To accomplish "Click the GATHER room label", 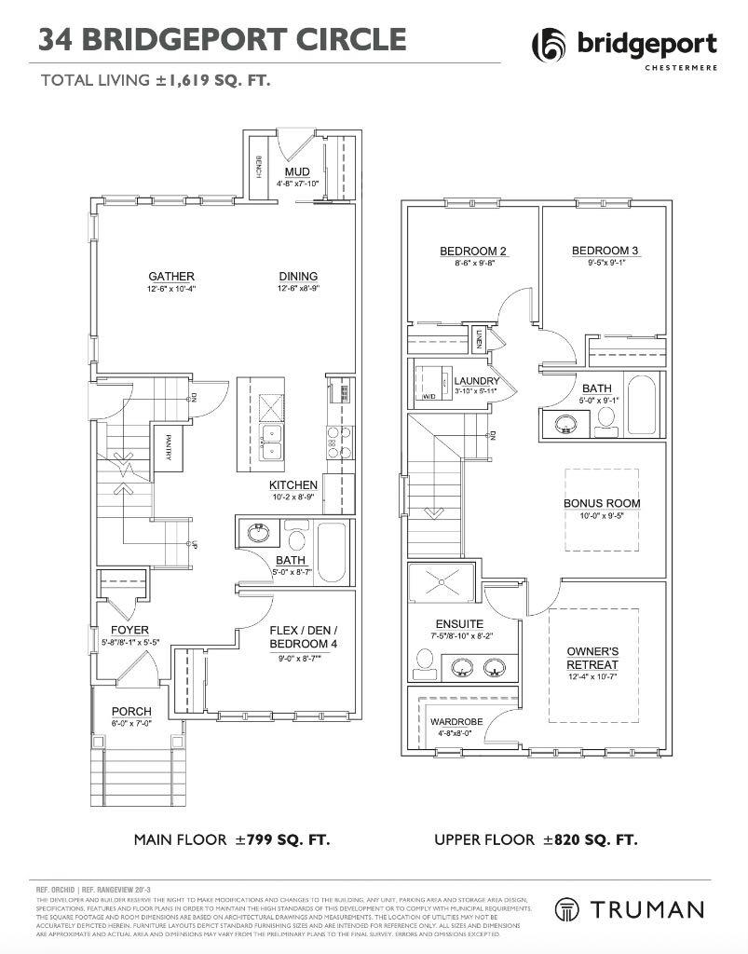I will click(170, 276).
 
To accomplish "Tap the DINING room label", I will click(297, 276).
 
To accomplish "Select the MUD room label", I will click(297, 172).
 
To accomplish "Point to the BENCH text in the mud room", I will click(257, 170).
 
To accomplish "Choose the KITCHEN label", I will click(293, 485).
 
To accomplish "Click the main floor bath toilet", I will click(297, 539).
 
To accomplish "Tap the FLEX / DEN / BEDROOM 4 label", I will click(304, 637).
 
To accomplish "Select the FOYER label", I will click(130, 630).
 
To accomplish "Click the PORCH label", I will click(131, 712).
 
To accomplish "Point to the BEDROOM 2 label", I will click(472, 251).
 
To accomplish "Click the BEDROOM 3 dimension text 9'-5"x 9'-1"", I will click(605, 263).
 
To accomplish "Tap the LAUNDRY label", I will click(476, 381).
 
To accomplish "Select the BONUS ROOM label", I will click(602, 503).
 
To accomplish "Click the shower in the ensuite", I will click(441, 582).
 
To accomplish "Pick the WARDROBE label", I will click(456, 721).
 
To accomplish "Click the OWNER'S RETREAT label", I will click(592, 658).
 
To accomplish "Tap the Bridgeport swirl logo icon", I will click(550, 46).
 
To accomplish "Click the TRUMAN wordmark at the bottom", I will click(651, 909).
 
